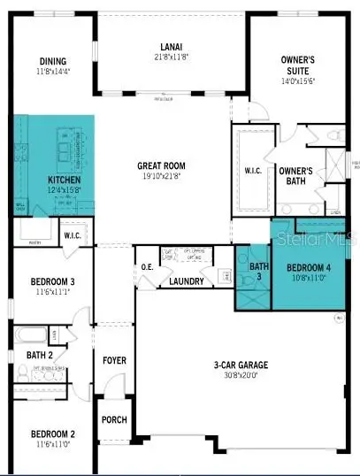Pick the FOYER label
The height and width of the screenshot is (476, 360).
point(115,360)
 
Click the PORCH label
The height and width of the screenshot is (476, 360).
point(115,420)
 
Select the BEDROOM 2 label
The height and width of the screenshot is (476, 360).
point(50,434)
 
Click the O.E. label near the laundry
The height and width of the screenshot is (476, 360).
point(147,267)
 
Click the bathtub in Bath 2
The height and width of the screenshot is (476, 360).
point(28,336)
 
